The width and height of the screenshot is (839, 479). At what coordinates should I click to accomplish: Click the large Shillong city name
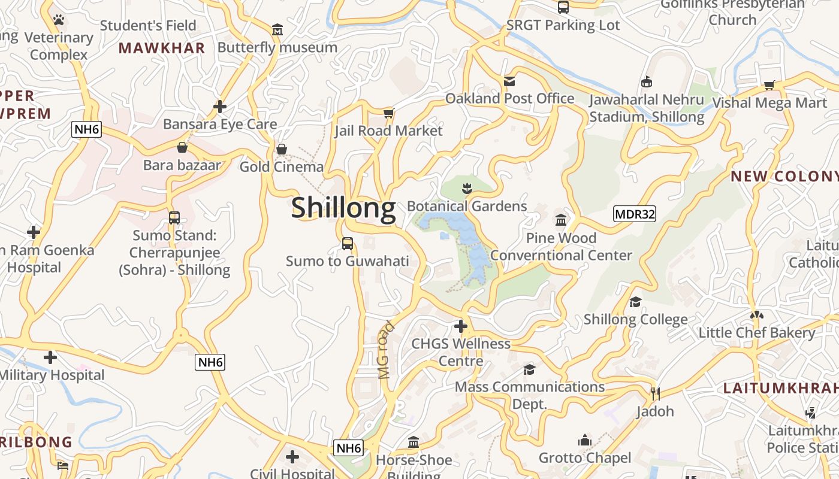click(343, 208)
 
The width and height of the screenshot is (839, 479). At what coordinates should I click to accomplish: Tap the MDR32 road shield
click(635, 214)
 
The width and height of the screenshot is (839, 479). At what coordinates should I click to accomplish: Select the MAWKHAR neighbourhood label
click(162, 48)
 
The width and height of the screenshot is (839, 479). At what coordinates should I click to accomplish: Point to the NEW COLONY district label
click(784, 176)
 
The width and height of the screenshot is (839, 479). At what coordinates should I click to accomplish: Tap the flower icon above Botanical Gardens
click(467, 189)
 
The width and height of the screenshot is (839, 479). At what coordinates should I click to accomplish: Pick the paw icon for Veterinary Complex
click(58, 20)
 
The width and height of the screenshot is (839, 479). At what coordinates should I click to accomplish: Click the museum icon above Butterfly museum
click(277, 29)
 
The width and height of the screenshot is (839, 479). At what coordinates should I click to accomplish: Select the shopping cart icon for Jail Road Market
click(388, 113)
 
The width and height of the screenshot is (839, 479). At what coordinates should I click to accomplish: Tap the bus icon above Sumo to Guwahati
click(347, 244)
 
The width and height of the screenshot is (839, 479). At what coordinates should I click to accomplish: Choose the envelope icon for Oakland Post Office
click(509, 81)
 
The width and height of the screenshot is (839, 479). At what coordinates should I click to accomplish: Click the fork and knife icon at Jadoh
click(655, 393)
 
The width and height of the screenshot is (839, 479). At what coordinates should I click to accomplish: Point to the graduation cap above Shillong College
click(635, 302)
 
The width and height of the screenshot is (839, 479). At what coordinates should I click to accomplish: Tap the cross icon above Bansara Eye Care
click(220, 107)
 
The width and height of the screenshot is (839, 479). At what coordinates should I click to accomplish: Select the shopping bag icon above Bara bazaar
click(182, 147)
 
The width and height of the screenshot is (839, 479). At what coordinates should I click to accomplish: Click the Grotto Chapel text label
click(584, 458)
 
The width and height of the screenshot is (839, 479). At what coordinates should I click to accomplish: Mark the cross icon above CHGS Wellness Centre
click(460, 326)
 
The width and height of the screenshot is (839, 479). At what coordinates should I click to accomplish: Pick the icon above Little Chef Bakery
click(756, 315)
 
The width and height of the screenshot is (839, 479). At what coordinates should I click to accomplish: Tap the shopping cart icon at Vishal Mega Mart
click(769, 85)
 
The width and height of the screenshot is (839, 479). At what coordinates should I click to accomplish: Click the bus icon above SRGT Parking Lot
click(563, 7)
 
